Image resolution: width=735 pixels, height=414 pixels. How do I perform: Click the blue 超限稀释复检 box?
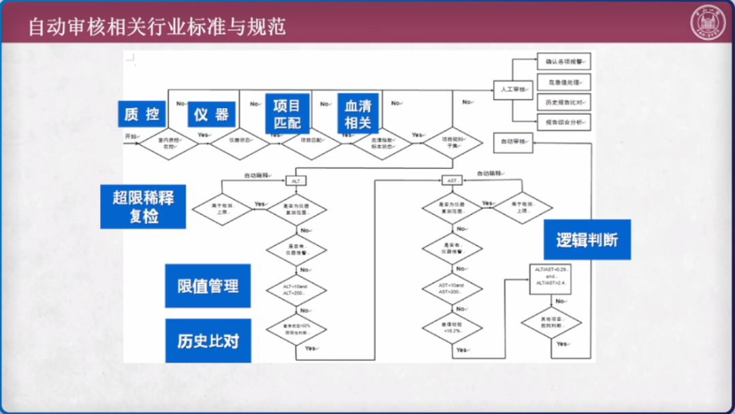(x=143, y=207)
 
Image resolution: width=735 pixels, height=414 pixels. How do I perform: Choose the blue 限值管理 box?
(x=208, y=286)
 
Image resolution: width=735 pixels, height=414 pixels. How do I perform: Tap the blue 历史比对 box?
(x=208, y=340)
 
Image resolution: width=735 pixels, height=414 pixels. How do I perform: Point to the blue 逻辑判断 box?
(x=587, y=240)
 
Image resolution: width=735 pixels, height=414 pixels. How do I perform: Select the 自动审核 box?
(x=514, y=142)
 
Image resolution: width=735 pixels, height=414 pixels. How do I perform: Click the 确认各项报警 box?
(x=563, y=62)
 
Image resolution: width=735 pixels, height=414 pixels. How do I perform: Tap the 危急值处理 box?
(x=563, y=82)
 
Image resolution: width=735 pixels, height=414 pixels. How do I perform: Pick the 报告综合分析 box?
(x=563, y=123)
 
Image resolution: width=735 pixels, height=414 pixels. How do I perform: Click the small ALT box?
(x=296, y=181)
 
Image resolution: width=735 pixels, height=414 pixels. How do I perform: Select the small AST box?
(x=452, y=180)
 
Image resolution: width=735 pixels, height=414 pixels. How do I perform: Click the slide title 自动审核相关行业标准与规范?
(x=157, y=27)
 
